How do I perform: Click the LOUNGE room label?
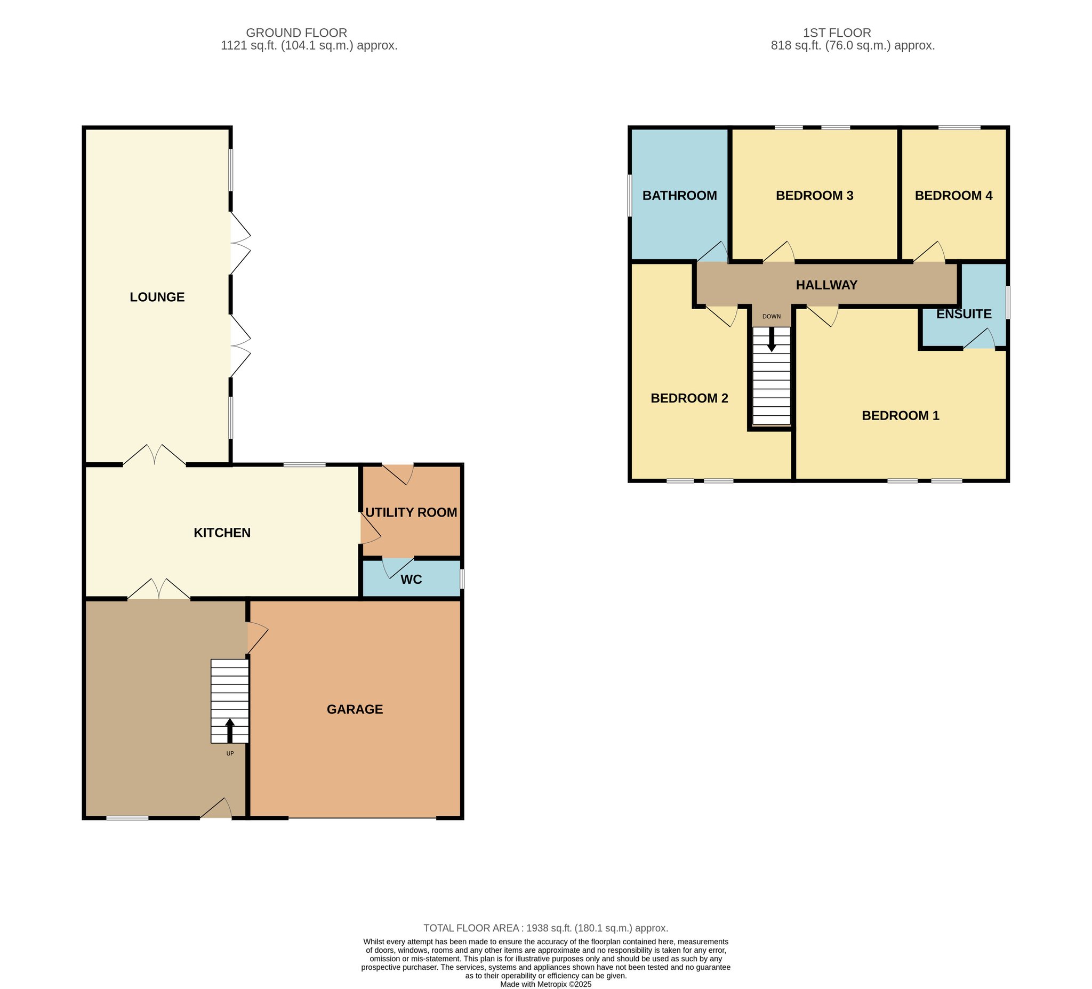(157, 297)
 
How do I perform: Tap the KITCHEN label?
(222, 533)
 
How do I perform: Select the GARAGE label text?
(355, 709)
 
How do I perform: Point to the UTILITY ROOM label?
(411, 512)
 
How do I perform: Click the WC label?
(411, 580)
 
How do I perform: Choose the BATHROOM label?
(680, 196)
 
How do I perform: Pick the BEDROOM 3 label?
(815, 196)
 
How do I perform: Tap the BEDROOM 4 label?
(954, 196)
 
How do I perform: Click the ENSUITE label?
(964, 313)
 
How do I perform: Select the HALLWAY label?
(826, 285)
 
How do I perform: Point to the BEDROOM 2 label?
(689, 398)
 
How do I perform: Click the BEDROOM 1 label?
(901, 415)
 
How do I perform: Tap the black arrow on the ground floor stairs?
(230, 730)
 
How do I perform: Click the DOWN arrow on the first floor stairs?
(772, 340)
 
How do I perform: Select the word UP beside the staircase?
(230, 753)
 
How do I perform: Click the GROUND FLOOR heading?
(296, 33)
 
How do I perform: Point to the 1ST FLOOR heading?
(837, 33)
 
